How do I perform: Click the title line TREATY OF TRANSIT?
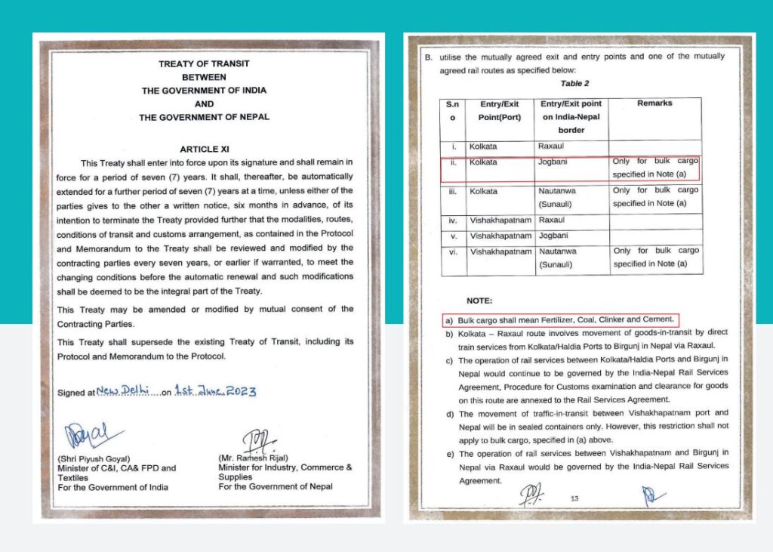pyautogui.click(x=204, y=63)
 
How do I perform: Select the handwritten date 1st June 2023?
pyautogui.click(x=216, y=391)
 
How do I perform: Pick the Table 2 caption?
pyautogui.click(x=575, y=83)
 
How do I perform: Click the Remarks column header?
pyautogui.click(x=654, y=103)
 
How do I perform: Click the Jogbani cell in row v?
pyautogui.click(x=553, y=236)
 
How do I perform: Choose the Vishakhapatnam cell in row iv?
pyautogui.click(x=499, y=220)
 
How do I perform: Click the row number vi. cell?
pyautogui.click(x=452, y=251)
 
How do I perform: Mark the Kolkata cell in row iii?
pyautogui.click(x=484, y=191)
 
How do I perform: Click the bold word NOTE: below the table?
pyautogui.click(x=481, y=301)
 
